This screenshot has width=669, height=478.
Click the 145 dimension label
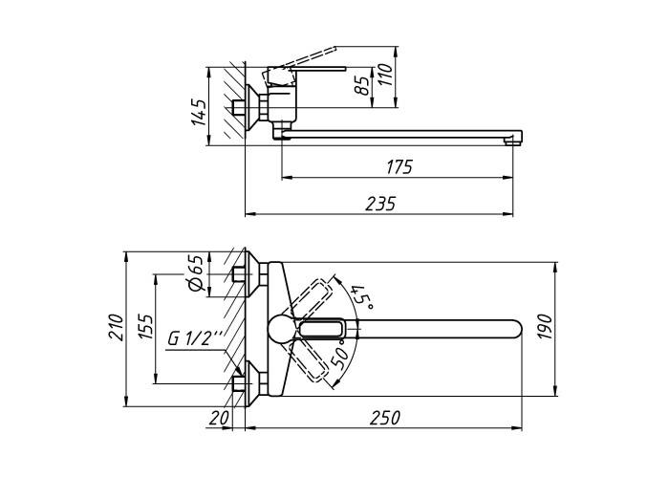click(x=199, y=112)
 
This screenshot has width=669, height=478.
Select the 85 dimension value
click(x=362, y=86)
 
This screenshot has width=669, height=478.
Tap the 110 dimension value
click(x=386, y=75)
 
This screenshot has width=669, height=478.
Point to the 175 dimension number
click(x=399, y=167)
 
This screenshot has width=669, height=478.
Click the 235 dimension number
click(x=380, y=204)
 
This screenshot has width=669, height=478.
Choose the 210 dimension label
click(x=116, y=327)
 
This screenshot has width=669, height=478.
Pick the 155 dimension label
click(x=145, y=327)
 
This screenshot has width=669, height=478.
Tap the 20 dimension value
click(x=219, y=418)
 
